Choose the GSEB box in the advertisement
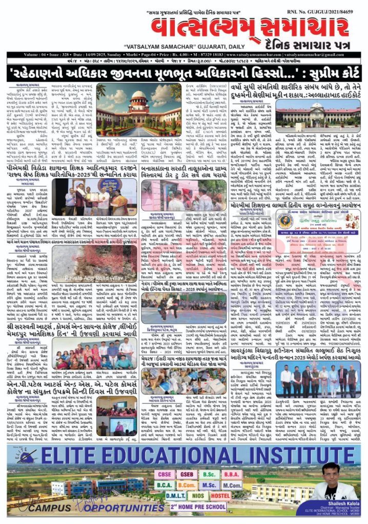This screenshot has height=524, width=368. click(x=185, y=473)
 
